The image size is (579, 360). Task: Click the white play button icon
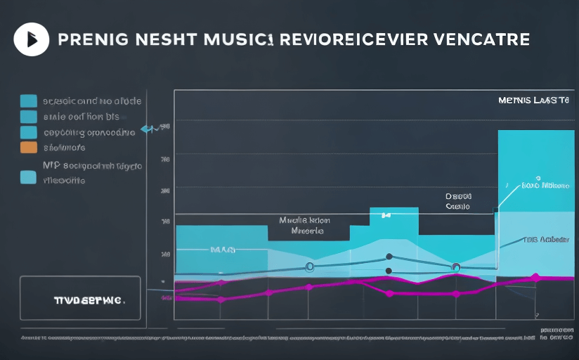coord(32,39)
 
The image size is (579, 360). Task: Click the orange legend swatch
coord(29,147)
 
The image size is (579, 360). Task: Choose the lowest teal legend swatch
coord(29,177)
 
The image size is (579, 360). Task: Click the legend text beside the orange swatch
coord(65,148)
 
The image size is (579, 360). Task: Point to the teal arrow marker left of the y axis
coord(148,129)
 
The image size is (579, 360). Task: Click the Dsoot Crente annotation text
coord(459,202)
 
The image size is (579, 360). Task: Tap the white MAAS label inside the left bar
coord(223,250)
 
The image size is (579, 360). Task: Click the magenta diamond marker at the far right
coord(535,278)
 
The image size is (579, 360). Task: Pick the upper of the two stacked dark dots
coord(389,257)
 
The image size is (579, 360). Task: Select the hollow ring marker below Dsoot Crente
coord(455,266)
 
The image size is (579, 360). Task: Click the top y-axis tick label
coord(165,127)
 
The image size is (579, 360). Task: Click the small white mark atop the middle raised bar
coord(384,214)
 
